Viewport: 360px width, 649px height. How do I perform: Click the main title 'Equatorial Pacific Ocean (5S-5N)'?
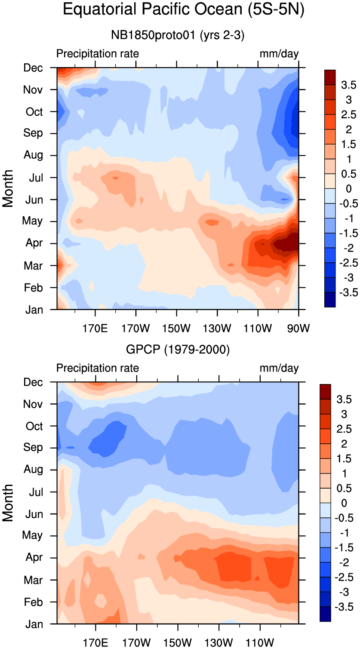point(183,9)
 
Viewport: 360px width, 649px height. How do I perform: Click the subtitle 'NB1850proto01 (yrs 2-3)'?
point(178,36)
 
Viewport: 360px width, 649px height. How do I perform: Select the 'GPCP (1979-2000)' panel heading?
point(178,350)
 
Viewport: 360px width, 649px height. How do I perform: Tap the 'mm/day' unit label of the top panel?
point(279,54)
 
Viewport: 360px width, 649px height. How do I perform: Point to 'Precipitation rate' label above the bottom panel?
point(98,368)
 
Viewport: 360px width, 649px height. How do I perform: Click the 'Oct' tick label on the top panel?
point(34,112)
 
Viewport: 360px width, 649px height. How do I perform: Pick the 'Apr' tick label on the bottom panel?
point(34,557)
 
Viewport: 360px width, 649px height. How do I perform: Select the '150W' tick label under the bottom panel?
point(177,643)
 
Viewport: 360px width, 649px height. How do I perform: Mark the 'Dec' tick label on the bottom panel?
point(34,382)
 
